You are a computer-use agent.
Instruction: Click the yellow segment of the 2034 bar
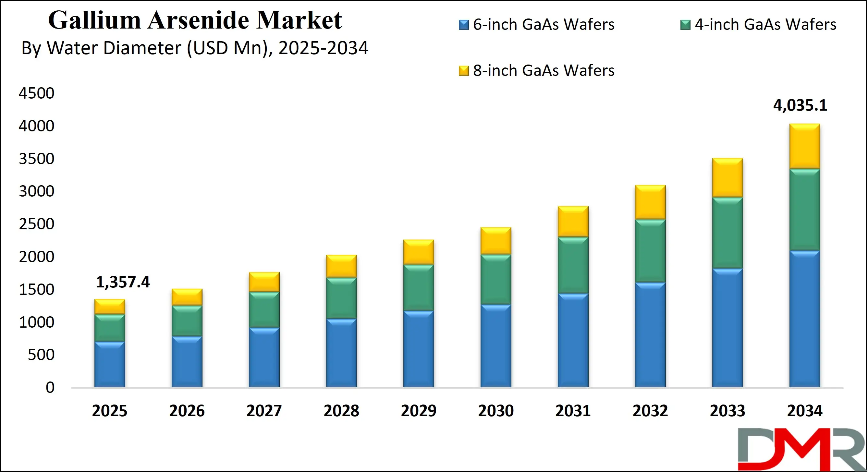point(805,146)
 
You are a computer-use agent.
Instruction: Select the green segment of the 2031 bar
point(573,265)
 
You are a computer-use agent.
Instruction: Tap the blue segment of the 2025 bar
point(109,364)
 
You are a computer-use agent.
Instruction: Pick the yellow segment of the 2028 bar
point(341,266)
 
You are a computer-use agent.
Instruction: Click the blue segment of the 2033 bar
point(727,327)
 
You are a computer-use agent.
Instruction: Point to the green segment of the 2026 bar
point(187,321)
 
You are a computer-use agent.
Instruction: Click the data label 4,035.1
point(800,105)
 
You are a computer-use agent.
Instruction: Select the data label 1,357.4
point(123,282)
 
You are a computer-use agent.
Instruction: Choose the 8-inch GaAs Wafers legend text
point(543,70)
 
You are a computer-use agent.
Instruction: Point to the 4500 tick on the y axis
point(36,93)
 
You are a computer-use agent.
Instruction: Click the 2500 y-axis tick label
point(36,224)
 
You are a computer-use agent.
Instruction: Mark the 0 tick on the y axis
point(50,387)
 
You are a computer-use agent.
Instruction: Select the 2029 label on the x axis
point(419,411)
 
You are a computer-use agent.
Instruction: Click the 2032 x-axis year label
point(650,411)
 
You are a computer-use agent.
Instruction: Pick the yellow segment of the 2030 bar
point(496,241)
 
